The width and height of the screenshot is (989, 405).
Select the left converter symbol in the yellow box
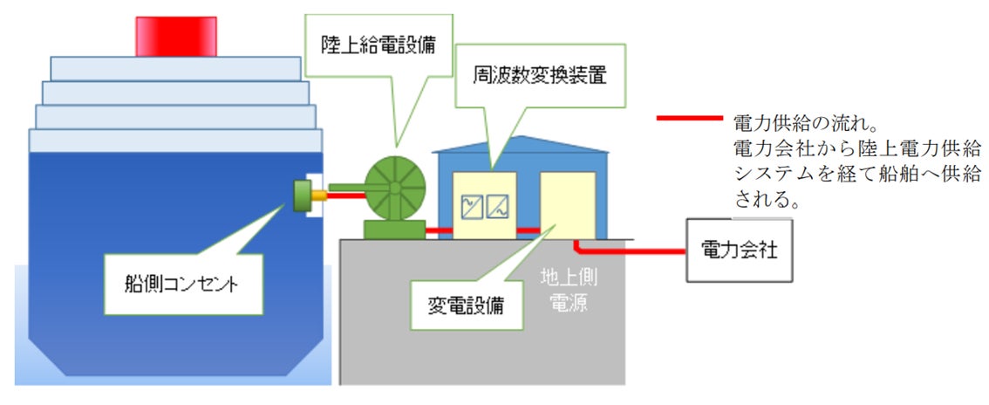pos(472,206)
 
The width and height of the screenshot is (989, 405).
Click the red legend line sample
pos(689,120)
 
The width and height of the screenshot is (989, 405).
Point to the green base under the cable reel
pos(392,230)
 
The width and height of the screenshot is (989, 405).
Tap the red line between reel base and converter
pos(438,231)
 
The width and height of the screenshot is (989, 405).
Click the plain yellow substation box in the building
pos(567,205)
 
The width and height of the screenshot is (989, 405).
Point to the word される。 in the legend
pos(768,200)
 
